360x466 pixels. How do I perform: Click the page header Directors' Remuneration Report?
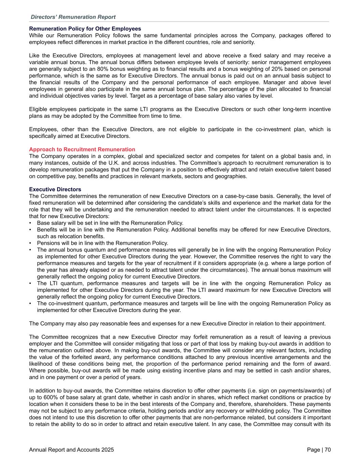tap(73, 17)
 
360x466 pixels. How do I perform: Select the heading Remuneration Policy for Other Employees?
tap(85, 29)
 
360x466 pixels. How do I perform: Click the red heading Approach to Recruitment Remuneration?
tap(82, 150)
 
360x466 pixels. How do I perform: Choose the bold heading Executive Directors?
tap(55, 189)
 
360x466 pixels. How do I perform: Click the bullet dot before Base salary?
tap(30, 223)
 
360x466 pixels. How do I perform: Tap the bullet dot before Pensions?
tap(30, 243)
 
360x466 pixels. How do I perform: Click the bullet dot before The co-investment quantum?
tap(30, 303)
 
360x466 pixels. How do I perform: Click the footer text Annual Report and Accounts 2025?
tap(71, 450)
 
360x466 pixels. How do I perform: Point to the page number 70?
tap(328, 450)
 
